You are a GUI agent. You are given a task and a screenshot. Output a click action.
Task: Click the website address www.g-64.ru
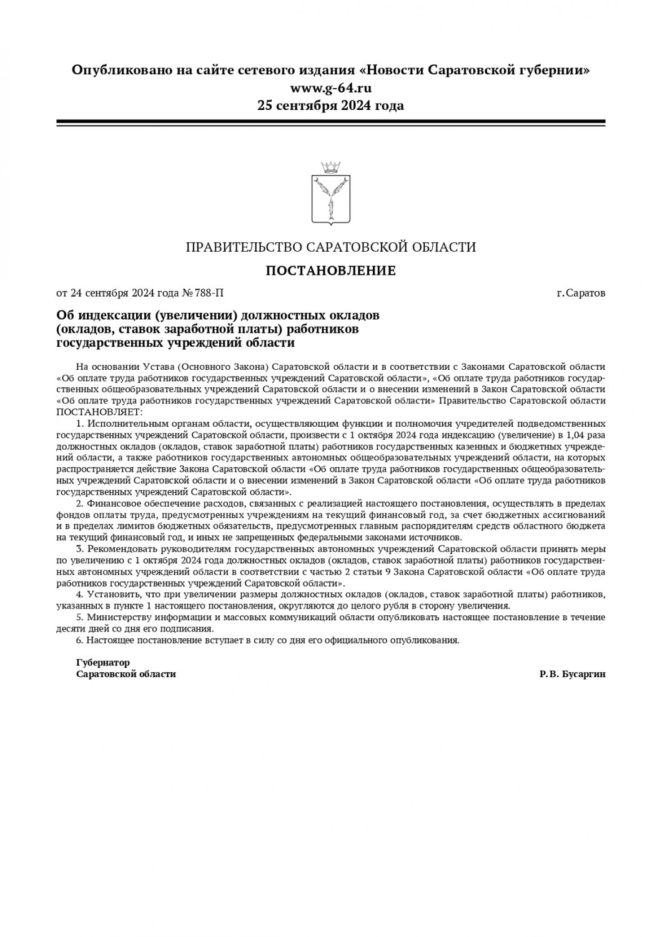[330, 87]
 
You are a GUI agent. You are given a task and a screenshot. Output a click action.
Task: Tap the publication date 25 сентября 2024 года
[330, 105]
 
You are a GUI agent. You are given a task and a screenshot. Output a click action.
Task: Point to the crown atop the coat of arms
[330, 167]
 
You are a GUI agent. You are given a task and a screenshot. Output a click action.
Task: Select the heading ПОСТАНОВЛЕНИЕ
[330, 270]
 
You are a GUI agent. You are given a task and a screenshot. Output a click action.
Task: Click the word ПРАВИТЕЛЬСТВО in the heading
[244, 247]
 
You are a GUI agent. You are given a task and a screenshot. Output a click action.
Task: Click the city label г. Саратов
[581, 292]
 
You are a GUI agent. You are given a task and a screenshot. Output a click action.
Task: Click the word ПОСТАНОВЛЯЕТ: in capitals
[99, 412]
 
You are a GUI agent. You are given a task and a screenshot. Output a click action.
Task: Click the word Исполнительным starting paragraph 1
[121, 422]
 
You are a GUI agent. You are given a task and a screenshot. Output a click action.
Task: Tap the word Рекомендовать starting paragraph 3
[118, 548]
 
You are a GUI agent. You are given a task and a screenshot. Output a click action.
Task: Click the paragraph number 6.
[79, 640]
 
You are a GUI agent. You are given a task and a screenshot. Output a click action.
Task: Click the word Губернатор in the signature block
[103, 662]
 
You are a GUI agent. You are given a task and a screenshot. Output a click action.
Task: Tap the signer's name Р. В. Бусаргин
[573, 674]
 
